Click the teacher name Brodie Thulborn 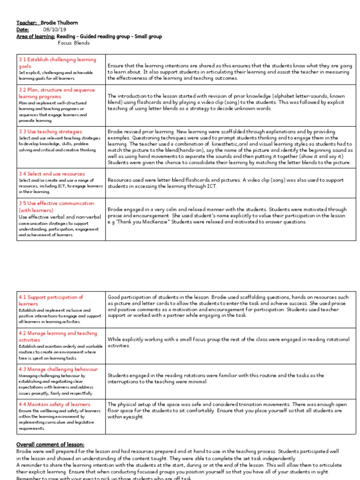[60, 22]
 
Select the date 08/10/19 [53, 29]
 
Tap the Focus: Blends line [74, 43]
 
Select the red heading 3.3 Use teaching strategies [50, 132]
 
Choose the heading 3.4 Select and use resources [52, 173]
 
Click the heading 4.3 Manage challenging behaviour [58, 369]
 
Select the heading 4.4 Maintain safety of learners [54, 404]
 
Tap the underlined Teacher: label [27, 22]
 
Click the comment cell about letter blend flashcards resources [225, 183]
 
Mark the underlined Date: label [22, 29]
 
